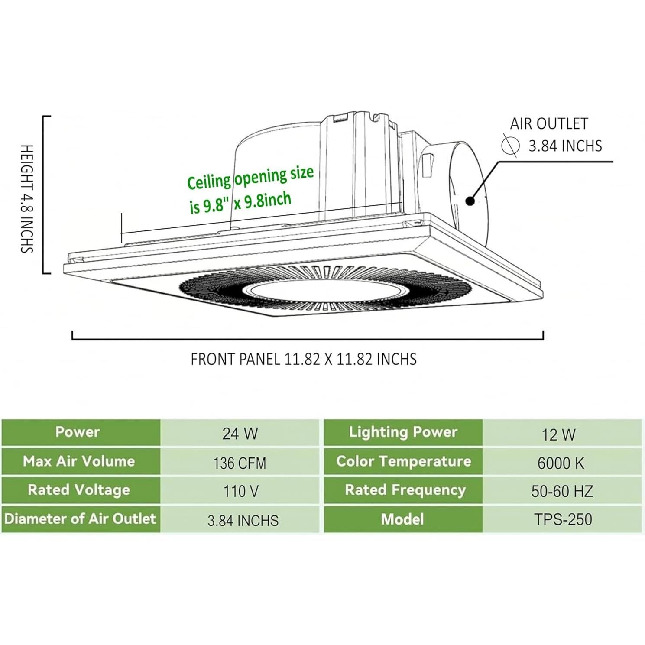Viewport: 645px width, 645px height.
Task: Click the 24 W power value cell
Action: [x=240, y=433]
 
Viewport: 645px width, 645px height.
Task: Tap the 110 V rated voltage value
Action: [x=241, y=491]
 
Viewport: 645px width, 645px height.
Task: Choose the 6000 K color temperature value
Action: [x=561, y=463]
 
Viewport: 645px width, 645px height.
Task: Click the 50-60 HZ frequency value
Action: [x=562, y=491]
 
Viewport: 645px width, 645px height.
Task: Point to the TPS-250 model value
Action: [x=563, y=519]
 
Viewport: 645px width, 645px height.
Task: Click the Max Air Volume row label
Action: [x=79, y=461]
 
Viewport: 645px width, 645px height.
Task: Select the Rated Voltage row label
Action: [x=79, y=490]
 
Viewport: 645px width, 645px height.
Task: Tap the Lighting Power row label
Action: [x=403, y=432]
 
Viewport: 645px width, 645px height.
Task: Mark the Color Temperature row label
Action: [x=403, y=461]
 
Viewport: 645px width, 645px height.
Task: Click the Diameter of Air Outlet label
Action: [x=80, y=519]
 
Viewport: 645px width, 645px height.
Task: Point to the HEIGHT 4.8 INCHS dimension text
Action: [x=27, y=199]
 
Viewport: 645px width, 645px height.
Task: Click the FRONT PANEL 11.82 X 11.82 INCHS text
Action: [x=304, y=359]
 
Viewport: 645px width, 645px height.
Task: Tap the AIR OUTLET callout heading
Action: [x=549, y=124]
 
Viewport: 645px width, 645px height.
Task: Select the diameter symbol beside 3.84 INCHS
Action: [x=510, y=145]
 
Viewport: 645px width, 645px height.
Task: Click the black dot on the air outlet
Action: [x=470, y=201]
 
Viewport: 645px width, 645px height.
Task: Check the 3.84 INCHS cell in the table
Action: [x=243, y=520]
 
